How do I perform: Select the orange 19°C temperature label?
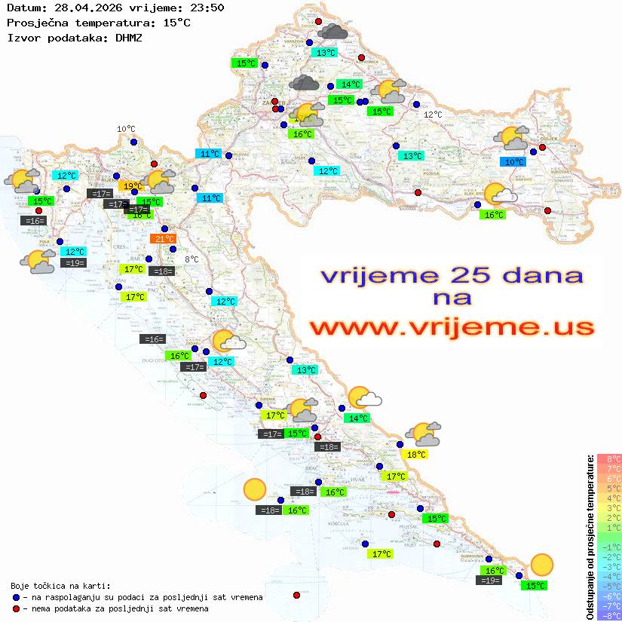(131, 185)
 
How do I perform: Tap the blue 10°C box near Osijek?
(514, 161)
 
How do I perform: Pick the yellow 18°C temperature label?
(416, 454)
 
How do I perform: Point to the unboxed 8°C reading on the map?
(192, 259)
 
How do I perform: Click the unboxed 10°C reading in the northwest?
(126, 129)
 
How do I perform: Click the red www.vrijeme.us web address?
(452, 327)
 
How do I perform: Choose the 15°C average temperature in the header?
(176, 22)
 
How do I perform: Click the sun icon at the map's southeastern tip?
(541, 564)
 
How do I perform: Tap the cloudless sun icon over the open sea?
(255, 490)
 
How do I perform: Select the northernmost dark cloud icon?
(332, 32)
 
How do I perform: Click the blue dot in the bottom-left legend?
(16, 597)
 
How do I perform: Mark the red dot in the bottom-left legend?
(16, 608)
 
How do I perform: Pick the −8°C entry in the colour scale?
(609, 615)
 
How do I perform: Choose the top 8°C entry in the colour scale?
(609, 458)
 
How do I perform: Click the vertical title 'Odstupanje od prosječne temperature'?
(590, 537)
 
